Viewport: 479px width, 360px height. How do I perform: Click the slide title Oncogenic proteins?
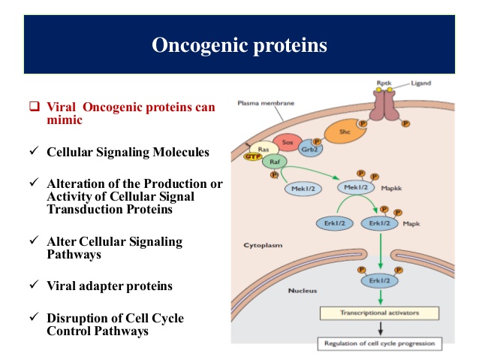[239, 46]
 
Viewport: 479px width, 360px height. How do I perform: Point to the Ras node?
[264, 150]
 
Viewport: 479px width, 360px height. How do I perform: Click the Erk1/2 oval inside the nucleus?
[378, 283]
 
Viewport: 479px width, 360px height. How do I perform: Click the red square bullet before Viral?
[34, 107]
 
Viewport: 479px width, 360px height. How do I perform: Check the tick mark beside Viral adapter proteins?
[33, 285]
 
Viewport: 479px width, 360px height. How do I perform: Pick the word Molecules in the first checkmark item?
[179, 151]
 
